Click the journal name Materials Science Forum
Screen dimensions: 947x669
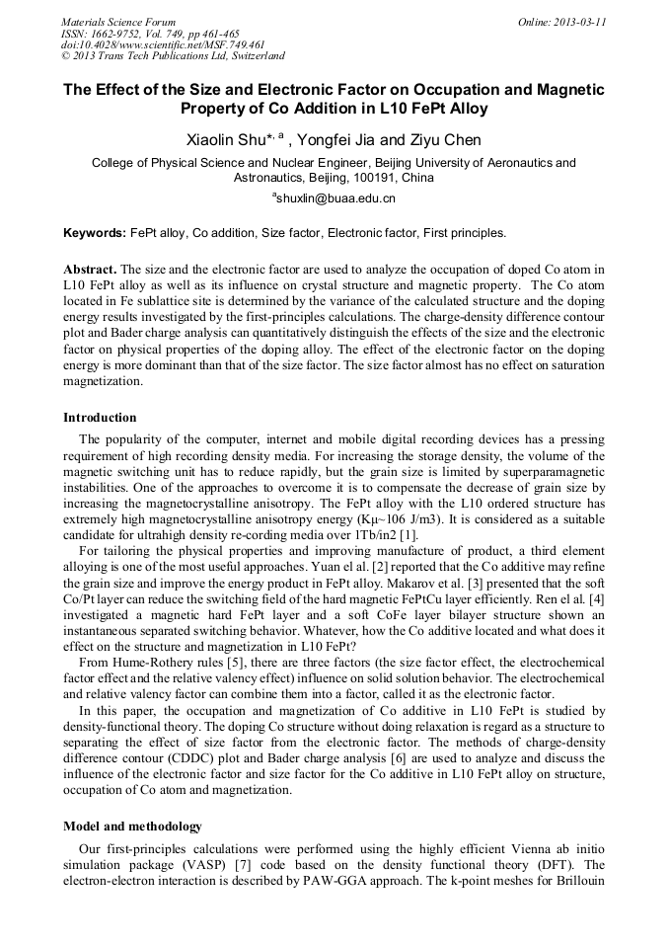click(118, 22)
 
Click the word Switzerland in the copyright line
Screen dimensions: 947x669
click(251, 56)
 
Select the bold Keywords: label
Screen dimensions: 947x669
click(95, 234)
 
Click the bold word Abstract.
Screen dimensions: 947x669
click(91, 270)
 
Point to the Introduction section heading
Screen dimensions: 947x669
click(100, 418)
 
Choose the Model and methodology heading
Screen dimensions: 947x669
click(132, 826)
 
